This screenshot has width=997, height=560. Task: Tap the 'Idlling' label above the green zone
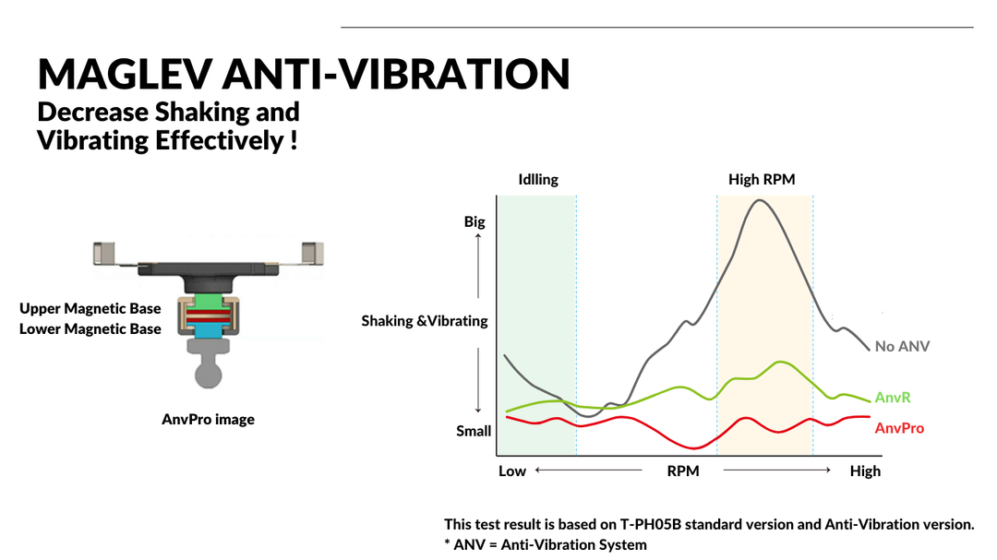(538, 179)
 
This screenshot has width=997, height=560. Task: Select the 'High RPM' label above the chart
(762, 179)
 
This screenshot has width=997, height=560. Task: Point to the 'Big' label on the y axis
(474, 222)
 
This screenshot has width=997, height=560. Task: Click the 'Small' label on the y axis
(474, 431)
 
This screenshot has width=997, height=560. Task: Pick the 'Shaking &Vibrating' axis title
(425, 321)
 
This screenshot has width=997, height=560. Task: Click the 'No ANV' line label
(902, 347)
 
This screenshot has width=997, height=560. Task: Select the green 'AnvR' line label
(893, 398)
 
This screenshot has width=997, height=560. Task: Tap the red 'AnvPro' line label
(899, 428)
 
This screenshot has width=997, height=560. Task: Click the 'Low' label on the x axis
(512, 471)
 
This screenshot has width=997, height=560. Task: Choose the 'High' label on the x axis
(865, 471)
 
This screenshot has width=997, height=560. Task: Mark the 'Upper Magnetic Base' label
(90, 309)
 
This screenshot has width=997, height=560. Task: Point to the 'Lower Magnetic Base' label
(90, 329)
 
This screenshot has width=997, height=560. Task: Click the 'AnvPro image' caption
(208, 420)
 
